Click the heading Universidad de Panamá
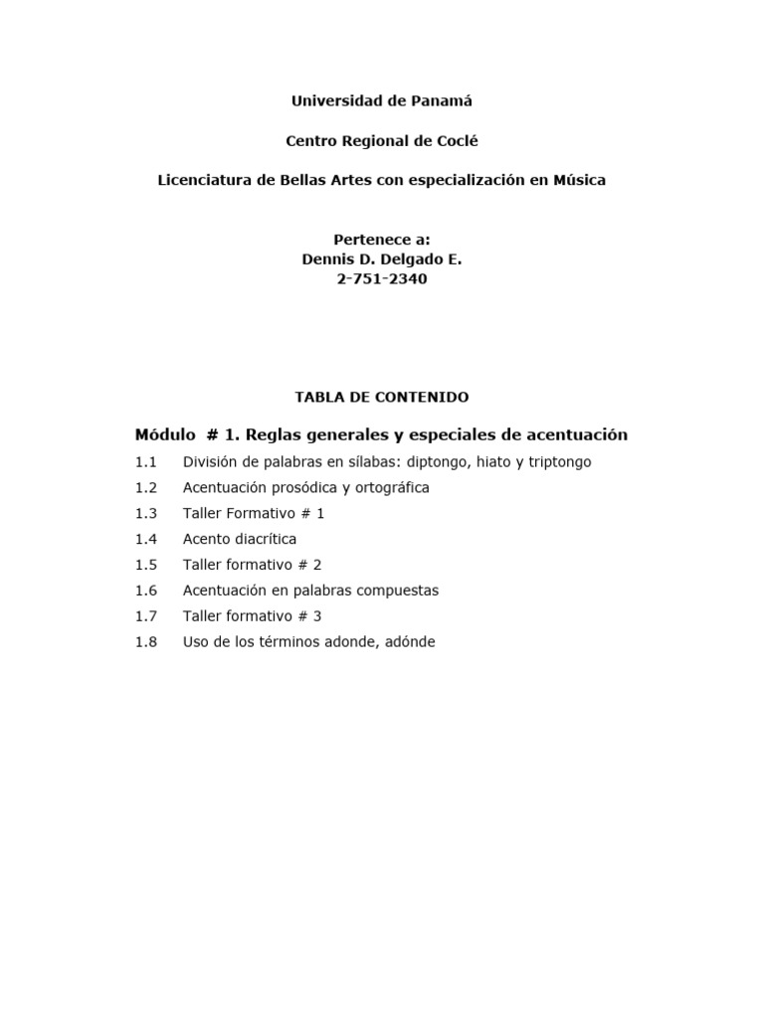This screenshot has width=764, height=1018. (382, 101)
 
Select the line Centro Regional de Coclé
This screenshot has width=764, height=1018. (382, 141)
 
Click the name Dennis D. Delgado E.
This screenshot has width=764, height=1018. (382, 259)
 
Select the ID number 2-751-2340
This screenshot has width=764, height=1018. (382, 279)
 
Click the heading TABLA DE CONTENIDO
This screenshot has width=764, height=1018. (382, 397)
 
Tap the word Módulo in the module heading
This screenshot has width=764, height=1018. (165, 435)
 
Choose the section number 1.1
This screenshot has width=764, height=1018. (146, 462)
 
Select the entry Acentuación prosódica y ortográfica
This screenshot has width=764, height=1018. (306, 488)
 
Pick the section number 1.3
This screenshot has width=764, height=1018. (146, 514)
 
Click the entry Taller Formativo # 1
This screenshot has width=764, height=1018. (254, 514)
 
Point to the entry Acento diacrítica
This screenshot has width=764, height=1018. (240, 539)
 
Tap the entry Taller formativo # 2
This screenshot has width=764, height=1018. (253, 565)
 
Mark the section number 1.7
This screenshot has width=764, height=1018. (146, 616)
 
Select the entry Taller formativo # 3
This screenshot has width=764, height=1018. (253, 616)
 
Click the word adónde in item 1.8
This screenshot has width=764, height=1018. (408, 642)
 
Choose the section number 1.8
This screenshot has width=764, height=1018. (146, 642)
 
